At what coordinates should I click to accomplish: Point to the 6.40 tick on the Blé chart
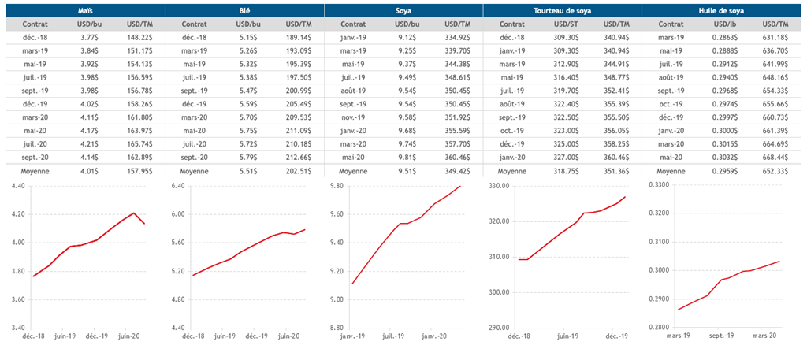click(178, 186)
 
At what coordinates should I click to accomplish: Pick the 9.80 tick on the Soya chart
click(337, 186)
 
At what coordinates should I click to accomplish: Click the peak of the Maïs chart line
click(135, 213)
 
